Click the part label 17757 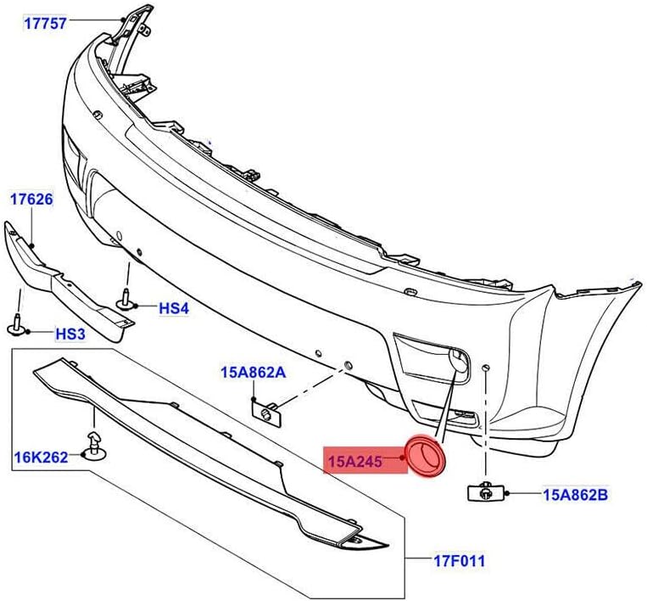(45, 24)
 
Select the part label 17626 (31, 199)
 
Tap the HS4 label (174, 308)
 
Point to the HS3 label (70, 334)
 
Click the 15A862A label (254, 373)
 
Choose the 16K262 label (42, 458)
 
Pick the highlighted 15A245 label (355, 462)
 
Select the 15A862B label (576, 494)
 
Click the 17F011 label (460, 561)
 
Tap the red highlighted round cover (426, 456)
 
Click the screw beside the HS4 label (125, 300)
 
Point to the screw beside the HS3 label (17, 325)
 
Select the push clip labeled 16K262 (95, 447)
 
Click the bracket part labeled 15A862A (267, 414)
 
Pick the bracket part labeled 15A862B (487, 491)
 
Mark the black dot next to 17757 (123, 20)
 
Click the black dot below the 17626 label (32, 245)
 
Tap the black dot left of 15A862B (508, 493)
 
